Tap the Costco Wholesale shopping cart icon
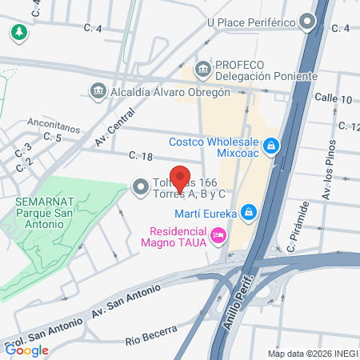click(x=272, y=146)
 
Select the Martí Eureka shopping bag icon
click(x=249, y=212)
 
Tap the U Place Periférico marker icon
click(x=308, y=22)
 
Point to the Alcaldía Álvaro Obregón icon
click(x=98, y=91)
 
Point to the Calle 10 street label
click(x=333, y=99)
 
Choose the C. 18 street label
click(x=141, y=156)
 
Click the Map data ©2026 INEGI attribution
click(x=313, y=354)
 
